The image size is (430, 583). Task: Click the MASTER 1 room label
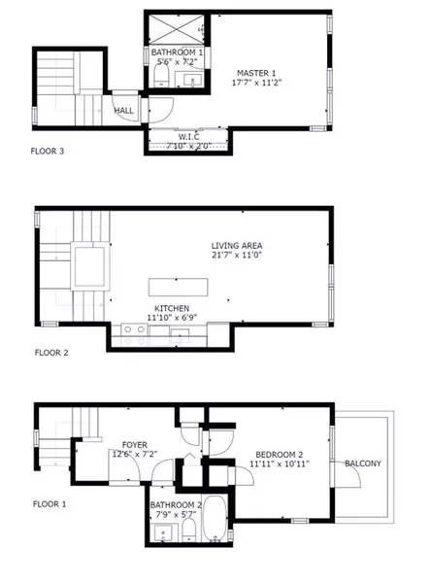pyautogui.click(x=255, y=73)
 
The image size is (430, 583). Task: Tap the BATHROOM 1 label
pyautogui.click(x=177, y=52)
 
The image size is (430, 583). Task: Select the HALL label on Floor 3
pyautogui.click(x=124, y=111)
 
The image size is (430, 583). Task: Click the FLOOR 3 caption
pyautogui.click(x=50, y=151)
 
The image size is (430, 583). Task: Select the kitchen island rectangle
pyautogui.click(x=175, y=287)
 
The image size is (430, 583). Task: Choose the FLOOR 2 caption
pyautogui.click(x=50, y=353)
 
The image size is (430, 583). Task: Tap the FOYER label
pyautogui.click(x=122, y=444)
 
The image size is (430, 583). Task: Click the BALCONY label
pyautogui.click(x=364, y=463)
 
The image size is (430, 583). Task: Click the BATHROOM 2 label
pyautogui.click(x=176, y=504)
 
